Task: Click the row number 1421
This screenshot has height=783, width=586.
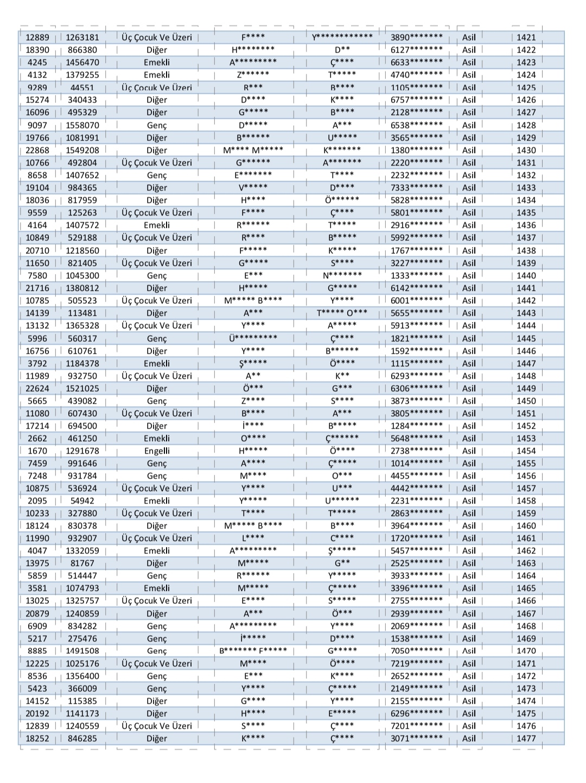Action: coord(526,37)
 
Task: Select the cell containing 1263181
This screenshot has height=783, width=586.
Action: coord(82,37)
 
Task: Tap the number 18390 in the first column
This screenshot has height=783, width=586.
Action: coord(37,50)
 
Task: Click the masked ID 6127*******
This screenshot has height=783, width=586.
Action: coord(417,50)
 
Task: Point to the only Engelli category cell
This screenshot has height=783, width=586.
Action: coord(157,451)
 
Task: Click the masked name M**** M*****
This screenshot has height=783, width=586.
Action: coord(253,150)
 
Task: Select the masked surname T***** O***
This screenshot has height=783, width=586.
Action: coord(342,313)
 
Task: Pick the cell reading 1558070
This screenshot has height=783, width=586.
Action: coord(82,125)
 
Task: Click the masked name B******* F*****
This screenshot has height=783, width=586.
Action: coord(253,651)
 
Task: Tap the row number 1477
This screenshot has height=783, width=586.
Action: coord(526,739)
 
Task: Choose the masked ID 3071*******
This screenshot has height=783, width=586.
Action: coord(417,739)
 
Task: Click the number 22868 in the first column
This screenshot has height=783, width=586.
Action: coord(37,150)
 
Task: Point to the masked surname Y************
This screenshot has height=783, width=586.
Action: coord(342,37)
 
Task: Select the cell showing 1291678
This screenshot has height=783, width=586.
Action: coord(82,451)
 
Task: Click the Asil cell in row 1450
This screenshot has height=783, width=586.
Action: coord(469,401)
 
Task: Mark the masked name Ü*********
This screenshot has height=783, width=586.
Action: coord(253,338)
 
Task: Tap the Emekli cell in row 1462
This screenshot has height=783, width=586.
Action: coord(157,551)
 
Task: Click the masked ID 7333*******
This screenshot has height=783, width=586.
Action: coord(417,188)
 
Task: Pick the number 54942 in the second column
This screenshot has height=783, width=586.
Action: coord(82,501)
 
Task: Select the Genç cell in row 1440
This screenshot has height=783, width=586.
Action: coord(157,276)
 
